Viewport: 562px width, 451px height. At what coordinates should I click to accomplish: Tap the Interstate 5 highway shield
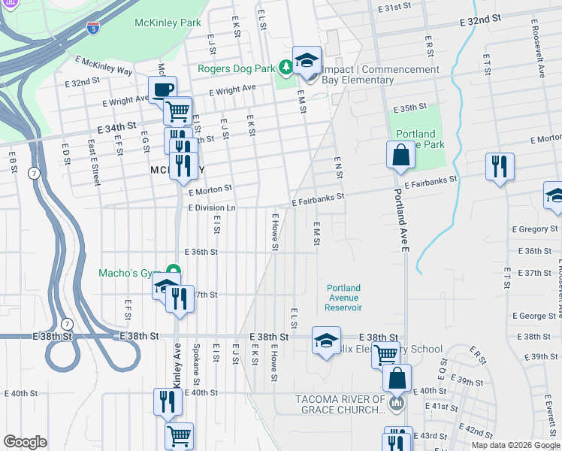click(92, 28)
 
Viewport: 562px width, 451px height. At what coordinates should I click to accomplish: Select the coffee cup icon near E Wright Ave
click(162, 89)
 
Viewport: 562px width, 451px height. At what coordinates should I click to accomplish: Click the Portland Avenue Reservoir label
click(344, 298)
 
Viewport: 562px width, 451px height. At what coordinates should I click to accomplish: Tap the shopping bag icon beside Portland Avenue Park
click(401, 155)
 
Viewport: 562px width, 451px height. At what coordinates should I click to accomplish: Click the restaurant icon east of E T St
click(500, 166)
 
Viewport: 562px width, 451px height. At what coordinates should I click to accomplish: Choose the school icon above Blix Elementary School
click(325, 340)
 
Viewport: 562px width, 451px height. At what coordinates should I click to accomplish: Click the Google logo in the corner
click(25, 442)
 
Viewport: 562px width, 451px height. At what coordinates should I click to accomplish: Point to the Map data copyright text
click(515, 445)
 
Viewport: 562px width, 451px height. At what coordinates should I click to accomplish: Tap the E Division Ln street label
click(212, 207)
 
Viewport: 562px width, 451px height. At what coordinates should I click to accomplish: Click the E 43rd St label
click(433, 436)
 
